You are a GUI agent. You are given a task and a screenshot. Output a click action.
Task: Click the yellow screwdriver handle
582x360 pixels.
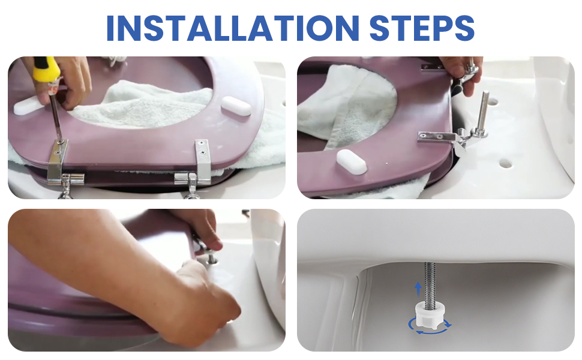pos(46,70)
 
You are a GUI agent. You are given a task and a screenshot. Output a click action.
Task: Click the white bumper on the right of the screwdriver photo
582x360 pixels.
pos(236,106)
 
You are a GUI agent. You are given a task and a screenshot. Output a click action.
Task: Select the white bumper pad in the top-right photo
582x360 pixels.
pos(352,162)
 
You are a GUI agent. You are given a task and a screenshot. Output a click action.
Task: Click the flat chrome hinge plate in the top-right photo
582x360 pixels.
pos(436,137)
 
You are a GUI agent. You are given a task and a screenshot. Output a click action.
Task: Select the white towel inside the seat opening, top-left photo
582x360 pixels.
pos(141,106)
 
